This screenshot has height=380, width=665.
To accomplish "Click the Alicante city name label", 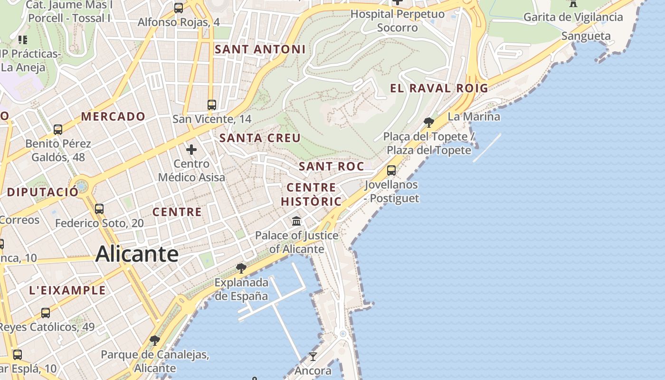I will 137,254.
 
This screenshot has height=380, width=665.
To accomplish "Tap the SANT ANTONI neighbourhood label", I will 260,49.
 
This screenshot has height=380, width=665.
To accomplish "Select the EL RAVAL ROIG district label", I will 439,88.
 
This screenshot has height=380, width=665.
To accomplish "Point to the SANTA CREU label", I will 260,138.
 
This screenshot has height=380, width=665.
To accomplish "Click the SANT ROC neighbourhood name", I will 331,166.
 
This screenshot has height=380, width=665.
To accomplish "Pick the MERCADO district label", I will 113,116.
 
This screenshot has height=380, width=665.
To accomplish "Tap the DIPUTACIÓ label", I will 43,192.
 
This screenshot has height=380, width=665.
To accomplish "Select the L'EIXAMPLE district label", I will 67,290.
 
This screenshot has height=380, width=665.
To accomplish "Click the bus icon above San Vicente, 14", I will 212,105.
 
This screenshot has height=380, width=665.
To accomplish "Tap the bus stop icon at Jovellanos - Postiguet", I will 391,171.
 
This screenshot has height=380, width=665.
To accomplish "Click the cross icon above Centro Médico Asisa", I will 191,150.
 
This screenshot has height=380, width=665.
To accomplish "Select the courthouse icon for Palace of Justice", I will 297,221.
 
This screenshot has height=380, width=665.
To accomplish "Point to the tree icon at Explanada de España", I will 241,268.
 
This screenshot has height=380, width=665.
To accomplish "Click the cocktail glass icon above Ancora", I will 313,356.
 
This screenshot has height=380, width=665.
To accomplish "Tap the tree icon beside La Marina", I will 428,123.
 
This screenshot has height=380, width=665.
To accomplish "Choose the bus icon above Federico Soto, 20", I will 99,209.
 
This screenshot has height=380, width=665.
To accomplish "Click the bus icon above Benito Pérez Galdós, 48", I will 58,130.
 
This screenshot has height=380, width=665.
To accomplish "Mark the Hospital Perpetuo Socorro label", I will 397,21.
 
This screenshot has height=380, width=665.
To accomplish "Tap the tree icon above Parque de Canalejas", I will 154,341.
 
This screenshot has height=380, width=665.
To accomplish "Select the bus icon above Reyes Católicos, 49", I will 46,313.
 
